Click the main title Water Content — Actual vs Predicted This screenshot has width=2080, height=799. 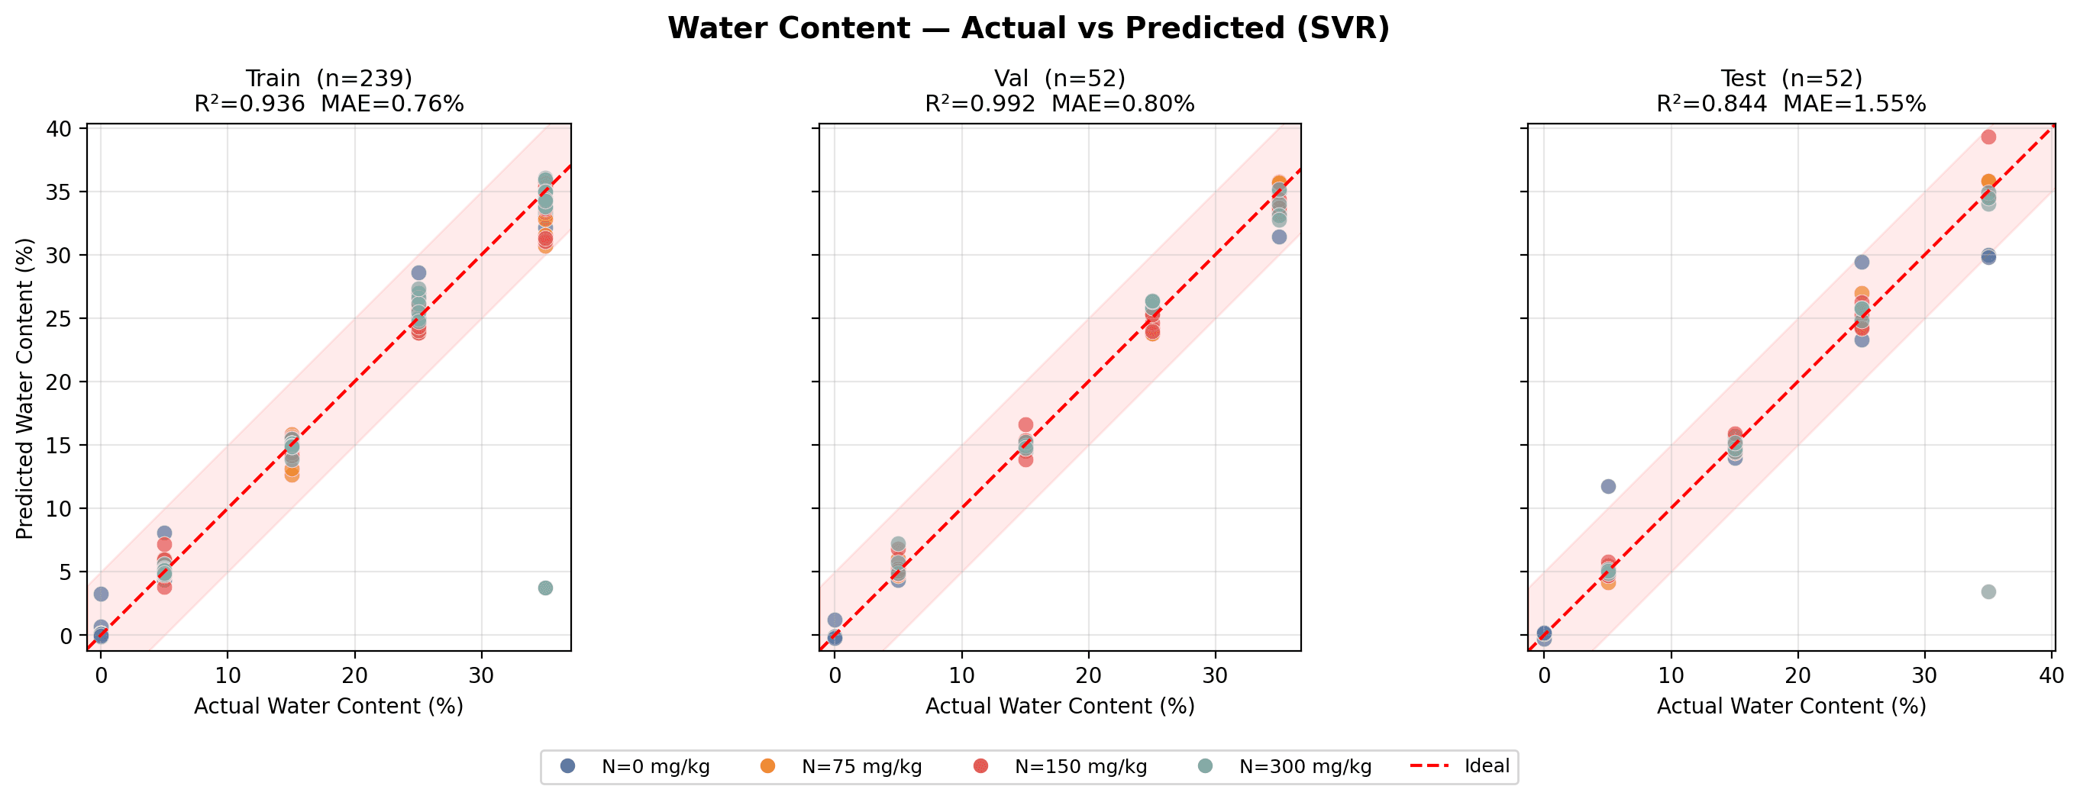coord(1028,29)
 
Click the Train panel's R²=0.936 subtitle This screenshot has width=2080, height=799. coord(328,104)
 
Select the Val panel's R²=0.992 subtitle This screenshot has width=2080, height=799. coord(1059,104)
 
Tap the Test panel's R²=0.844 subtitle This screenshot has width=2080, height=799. coord(1791,104)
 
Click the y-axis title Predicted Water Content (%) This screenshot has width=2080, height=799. coord(25,388)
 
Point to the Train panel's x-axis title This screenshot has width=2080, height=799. coord(328,706)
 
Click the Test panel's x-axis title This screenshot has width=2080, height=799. coord(1791,706)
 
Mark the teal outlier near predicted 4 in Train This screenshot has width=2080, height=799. coord(545,588)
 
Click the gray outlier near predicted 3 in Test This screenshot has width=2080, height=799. coord(1988,591)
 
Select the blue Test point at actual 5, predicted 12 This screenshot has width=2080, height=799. coord(1607,486)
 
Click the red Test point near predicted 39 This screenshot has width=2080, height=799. coord(1988,137)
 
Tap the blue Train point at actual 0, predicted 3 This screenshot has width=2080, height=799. coord(101,594)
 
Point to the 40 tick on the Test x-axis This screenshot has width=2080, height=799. coord(2052,675)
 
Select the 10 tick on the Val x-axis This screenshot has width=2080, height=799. coord(961,675)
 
